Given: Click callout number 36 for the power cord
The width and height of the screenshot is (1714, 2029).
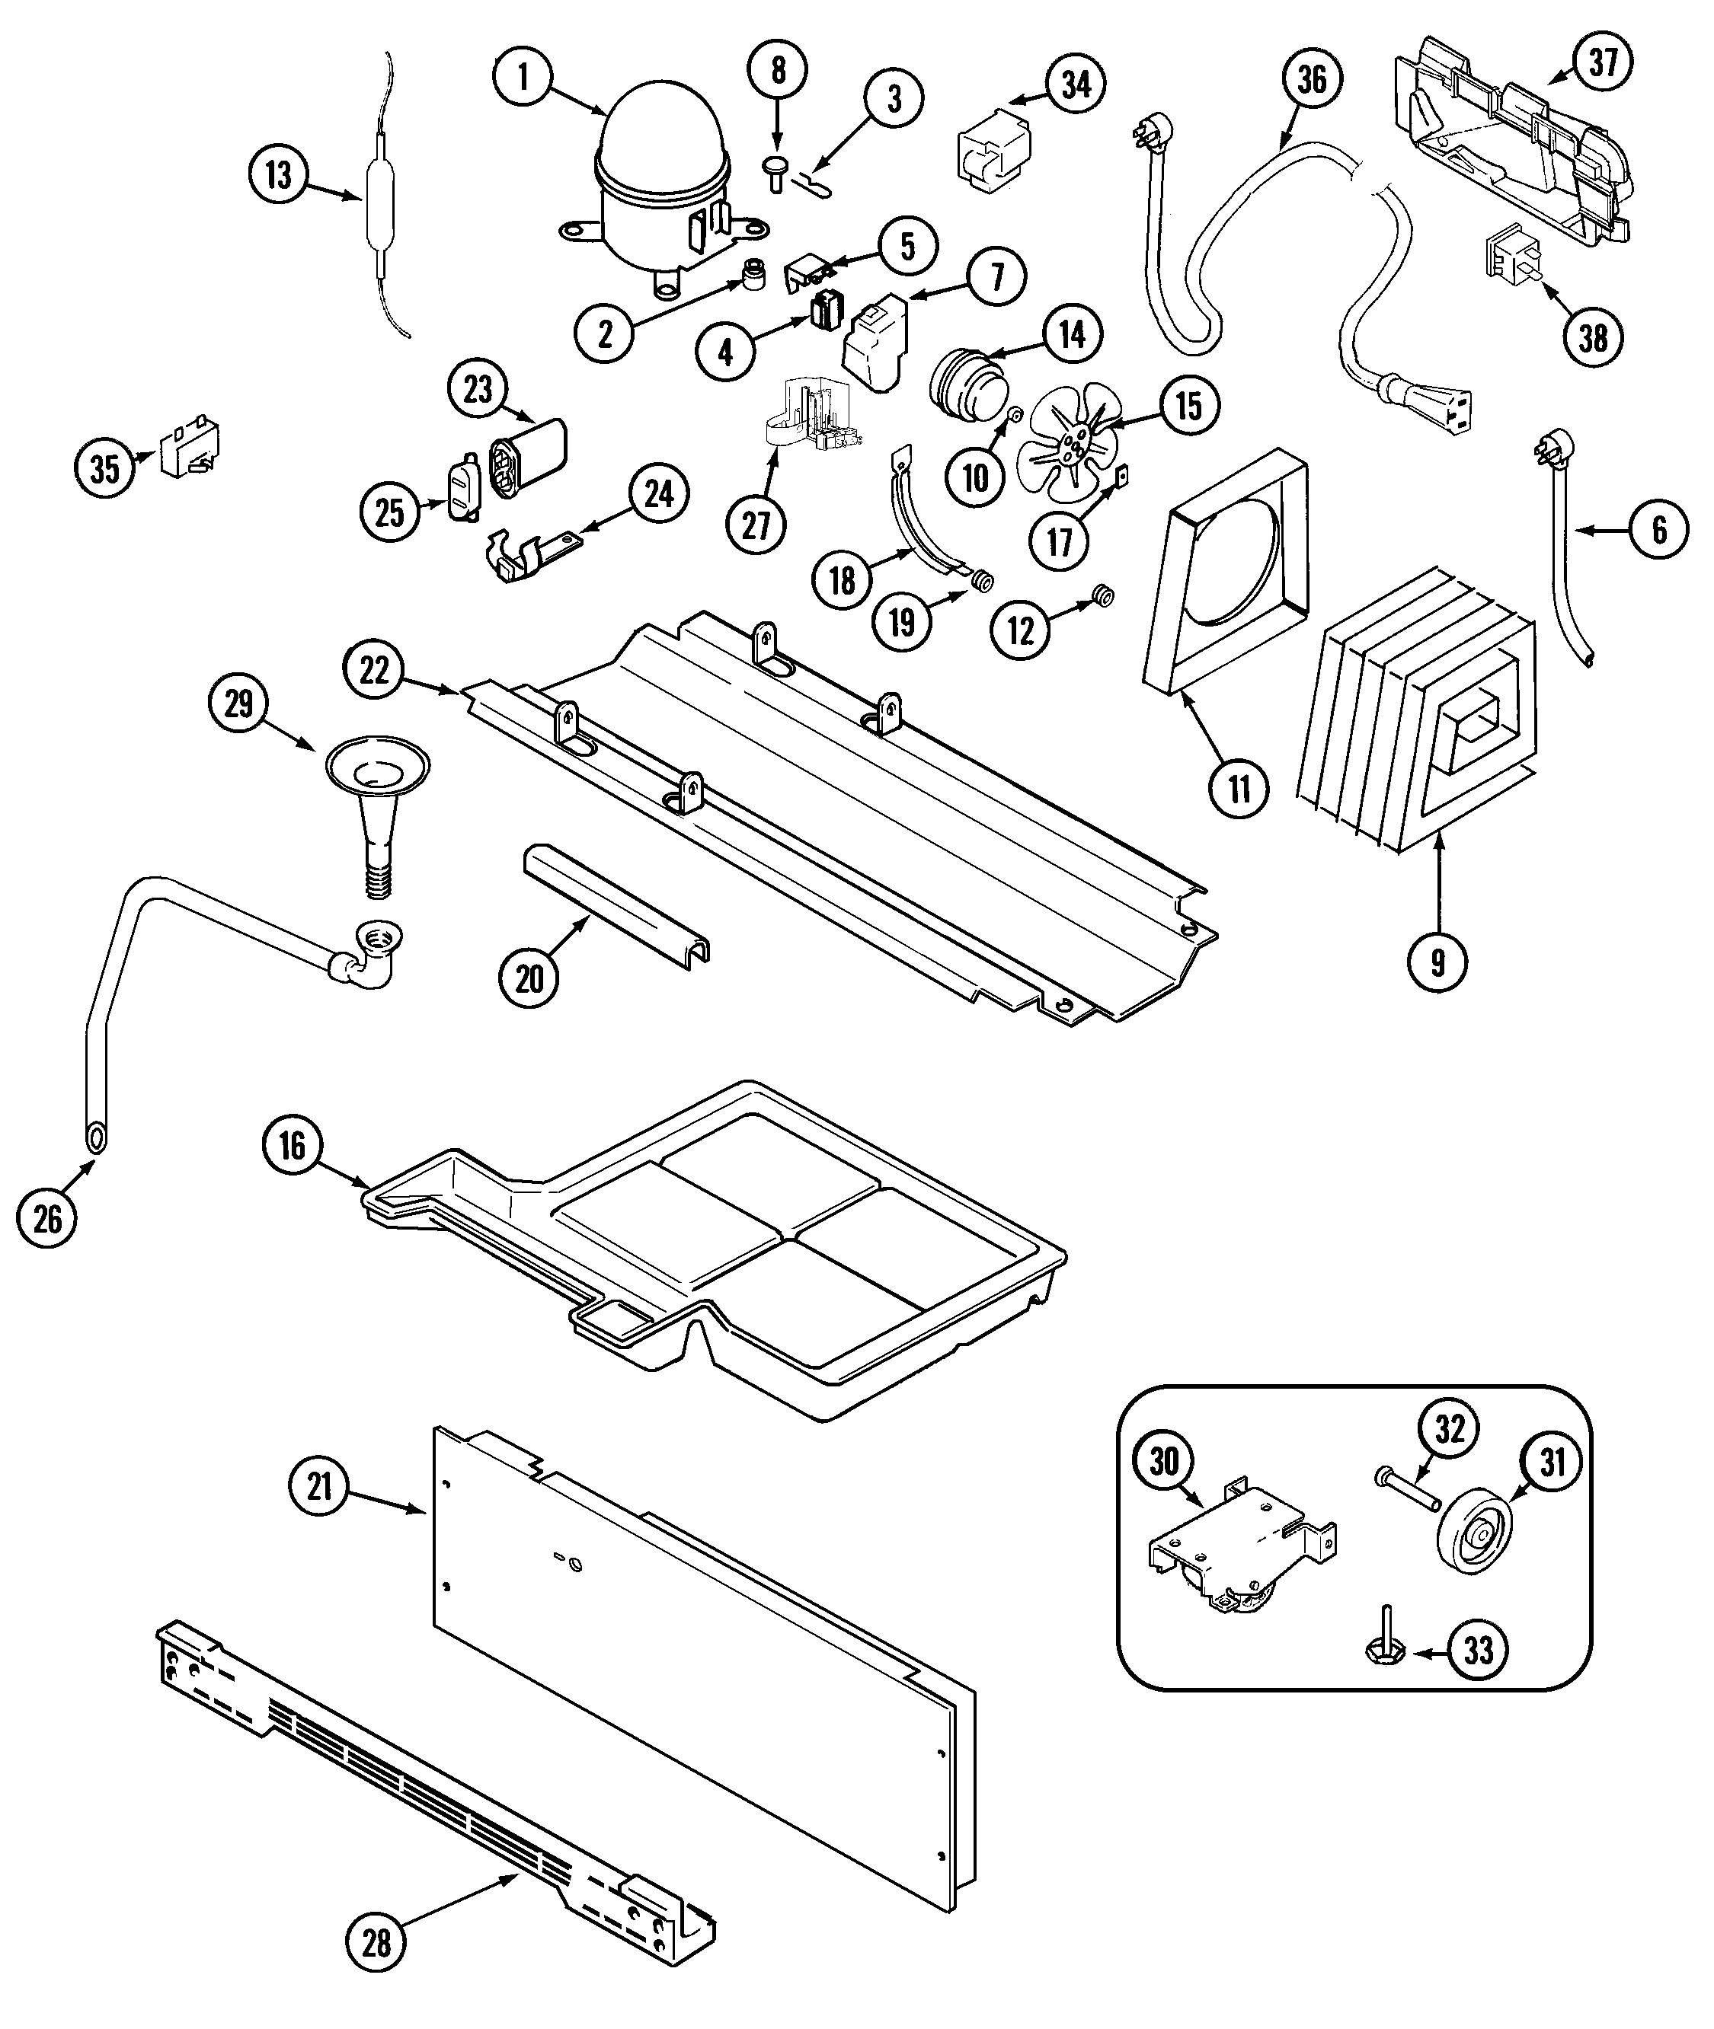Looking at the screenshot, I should (x=1312, y=78).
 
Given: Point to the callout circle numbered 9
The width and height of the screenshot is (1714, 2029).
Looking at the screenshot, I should (x=1437, y=961).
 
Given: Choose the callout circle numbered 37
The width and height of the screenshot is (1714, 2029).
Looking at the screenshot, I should (x=1602, y=62).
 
